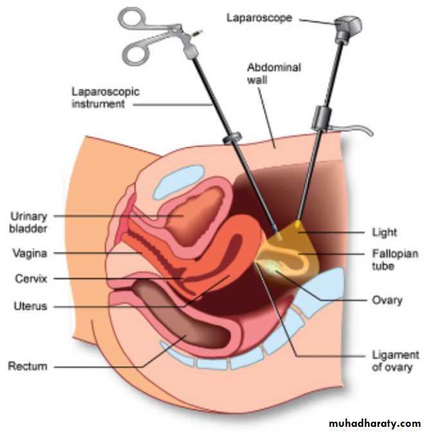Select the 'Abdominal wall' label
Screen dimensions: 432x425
264,73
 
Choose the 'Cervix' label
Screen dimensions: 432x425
30,279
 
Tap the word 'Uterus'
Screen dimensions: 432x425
30,306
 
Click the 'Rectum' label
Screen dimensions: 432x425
28,367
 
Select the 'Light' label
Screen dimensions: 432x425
384,232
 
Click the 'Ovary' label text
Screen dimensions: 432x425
387,300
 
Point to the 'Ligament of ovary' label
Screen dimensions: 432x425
395,361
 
